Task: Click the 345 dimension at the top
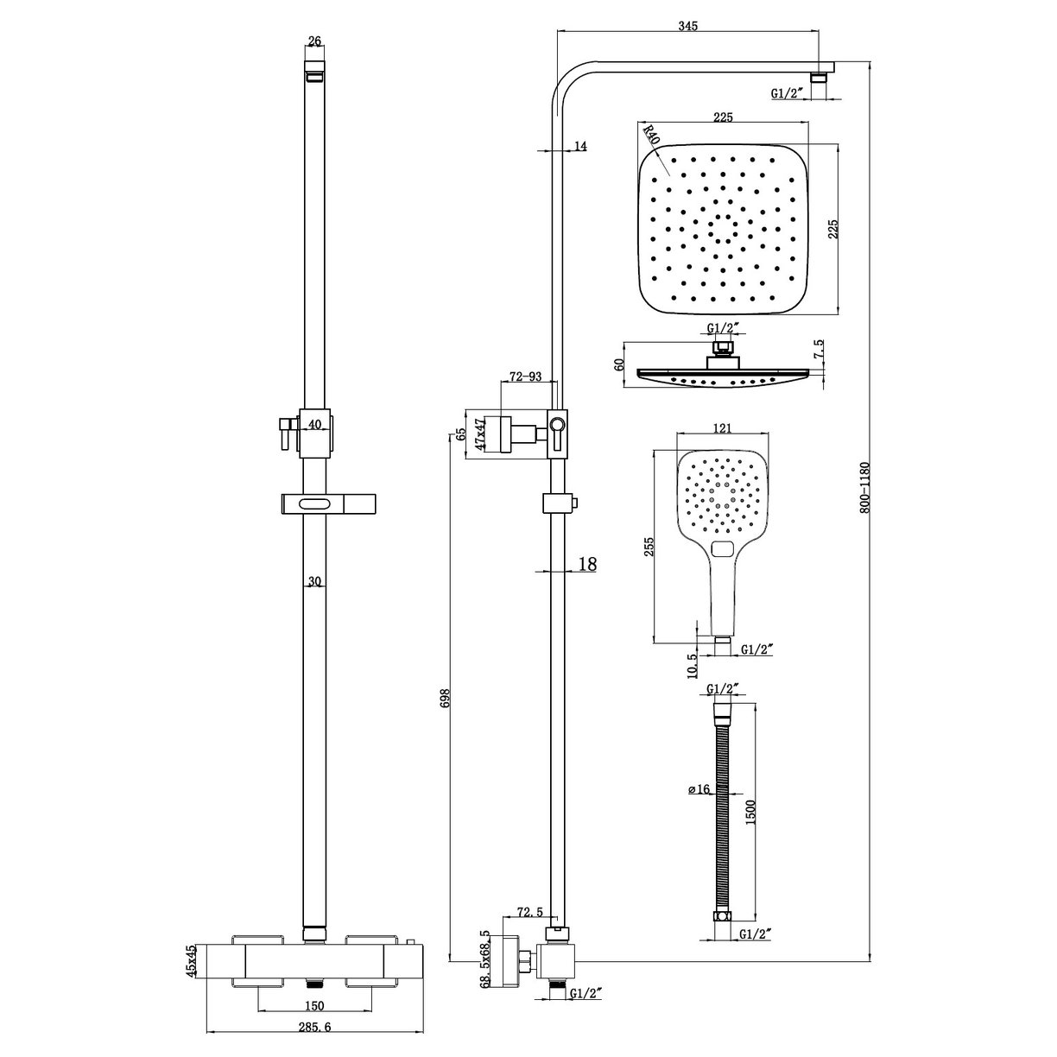(x=687, y=27)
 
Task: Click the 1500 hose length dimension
(x=750, y=811)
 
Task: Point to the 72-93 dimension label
(x=525, y=377)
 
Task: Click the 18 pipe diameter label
(x=586, y=564)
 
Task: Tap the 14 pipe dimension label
(x=579, y=147)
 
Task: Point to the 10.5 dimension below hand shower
(x=692, y=666)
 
